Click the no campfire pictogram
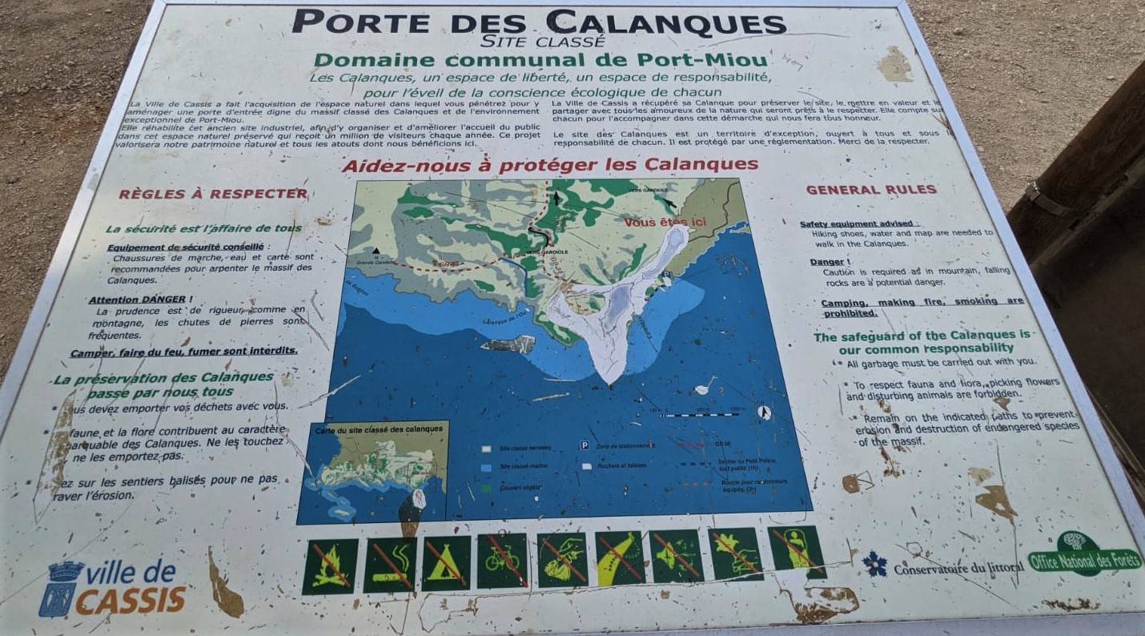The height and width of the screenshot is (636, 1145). point(330,566)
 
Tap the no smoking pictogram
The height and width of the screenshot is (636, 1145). point(390,564)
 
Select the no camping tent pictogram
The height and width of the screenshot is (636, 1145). point(446,562)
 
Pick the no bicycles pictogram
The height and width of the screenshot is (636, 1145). point(503,560)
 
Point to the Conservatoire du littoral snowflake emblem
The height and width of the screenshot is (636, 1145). point(875,563)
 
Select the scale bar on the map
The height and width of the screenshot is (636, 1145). point(700,414)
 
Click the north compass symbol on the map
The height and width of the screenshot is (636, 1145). point(764,412)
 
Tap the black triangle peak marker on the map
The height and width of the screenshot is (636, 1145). point(376,251)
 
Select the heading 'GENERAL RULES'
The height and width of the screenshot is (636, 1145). point(870,190)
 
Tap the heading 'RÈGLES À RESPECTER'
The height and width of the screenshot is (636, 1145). point(213,194)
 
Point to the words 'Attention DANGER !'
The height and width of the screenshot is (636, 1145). point(136,299)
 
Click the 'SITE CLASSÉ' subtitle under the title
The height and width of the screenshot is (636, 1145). point(543,42)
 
